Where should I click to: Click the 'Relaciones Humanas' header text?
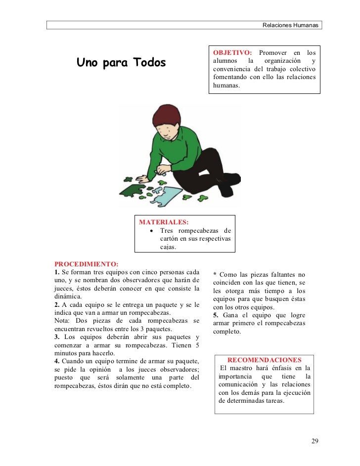[290, 25]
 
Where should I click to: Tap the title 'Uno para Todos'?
[121, 63]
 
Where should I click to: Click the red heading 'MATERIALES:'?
[164, 222]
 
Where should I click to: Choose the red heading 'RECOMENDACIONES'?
[264, 360]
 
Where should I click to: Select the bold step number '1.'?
[57, 272]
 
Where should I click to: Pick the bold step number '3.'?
[57, 338]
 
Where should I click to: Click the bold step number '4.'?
[57, 362]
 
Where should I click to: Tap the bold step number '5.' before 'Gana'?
[216, 315]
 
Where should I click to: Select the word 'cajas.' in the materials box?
[168, 247]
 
